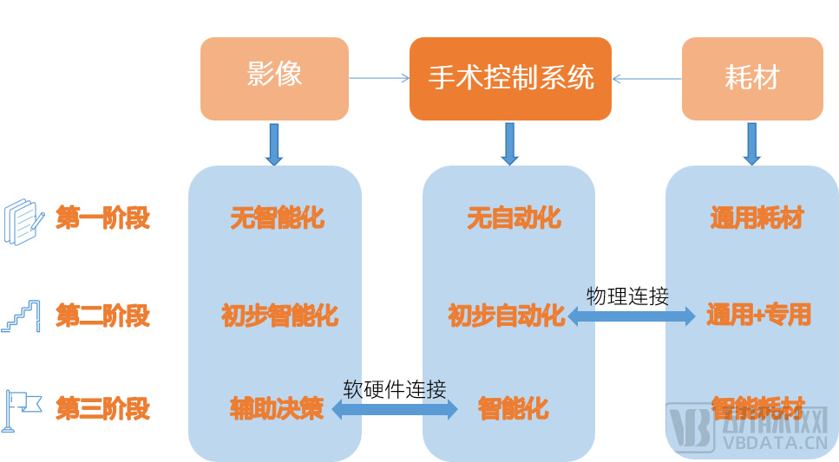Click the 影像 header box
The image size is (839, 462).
click(274, 78)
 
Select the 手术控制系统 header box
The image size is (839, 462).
click(510, 78)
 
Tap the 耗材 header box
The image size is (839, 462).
click(751, 78)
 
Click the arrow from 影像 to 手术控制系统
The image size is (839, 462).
click(378, 78)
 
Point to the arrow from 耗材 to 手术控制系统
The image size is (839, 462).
click(646, 79)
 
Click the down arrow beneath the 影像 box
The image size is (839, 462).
click(274, 143)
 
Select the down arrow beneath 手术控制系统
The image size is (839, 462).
click(510, 143)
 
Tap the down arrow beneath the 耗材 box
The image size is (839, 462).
click(751, 143)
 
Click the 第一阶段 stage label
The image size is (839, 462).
click(103, 218)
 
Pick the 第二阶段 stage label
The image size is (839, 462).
click(103, 315)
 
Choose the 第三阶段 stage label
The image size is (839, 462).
click(103, 408)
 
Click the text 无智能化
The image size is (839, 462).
click(277, 218)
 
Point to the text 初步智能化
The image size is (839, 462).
click(279, 316)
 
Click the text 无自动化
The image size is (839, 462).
click(513, 218)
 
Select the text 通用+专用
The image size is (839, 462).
click(758, 315)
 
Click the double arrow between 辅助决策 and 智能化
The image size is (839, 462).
click(395, 409)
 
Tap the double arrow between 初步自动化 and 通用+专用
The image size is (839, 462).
click(631, 316)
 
